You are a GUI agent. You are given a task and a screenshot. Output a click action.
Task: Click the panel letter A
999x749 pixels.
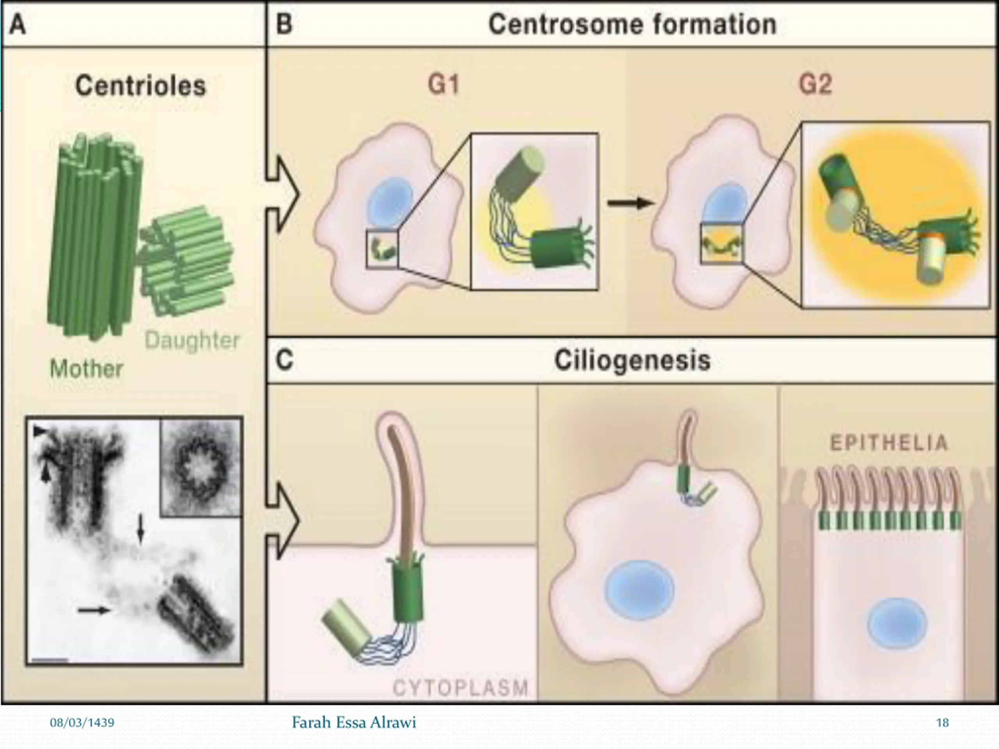coord(18,24)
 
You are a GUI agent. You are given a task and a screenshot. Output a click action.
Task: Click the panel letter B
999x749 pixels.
coord(284,24)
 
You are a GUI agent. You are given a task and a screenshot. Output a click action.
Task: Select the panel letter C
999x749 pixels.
coord(284,360)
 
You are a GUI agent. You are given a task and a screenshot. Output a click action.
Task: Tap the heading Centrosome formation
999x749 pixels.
coord(632,24)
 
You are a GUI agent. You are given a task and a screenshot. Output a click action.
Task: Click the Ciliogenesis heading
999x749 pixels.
coord(632,361)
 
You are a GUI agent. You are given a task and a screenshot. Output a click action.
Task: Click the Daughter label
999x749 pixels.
coord(192,341)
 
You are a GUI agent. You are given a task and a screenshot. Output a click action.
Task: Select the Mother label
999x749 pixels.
coord(86,369)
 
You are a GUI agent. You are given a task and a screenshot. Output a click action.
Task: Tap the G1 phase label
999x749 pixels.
coord(443,84)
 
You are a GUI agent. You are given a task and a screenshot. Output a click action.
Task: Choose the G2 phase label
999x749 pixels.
coord(815,84)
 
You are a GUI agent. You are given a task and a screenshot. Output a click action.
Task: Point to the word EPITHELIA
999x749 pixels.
coord(889,443)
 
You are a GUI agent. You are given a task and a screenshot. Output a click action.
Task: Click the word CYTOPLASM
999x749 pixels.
coord(460,688)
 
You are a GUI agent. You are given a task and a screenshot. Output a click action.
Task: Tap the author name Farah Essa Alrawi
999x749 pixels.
coord(354,723)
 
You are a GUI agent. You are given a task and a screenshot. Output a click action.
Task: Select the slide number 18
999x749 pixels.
coord(942,723)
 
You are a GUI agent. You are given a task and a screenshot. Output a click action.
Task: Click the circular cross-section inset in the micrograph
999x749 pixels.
coord(201,467)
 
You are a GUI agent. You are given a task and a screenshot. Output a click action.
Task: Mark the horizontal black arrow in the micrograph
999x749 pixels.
coord(94,611)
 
